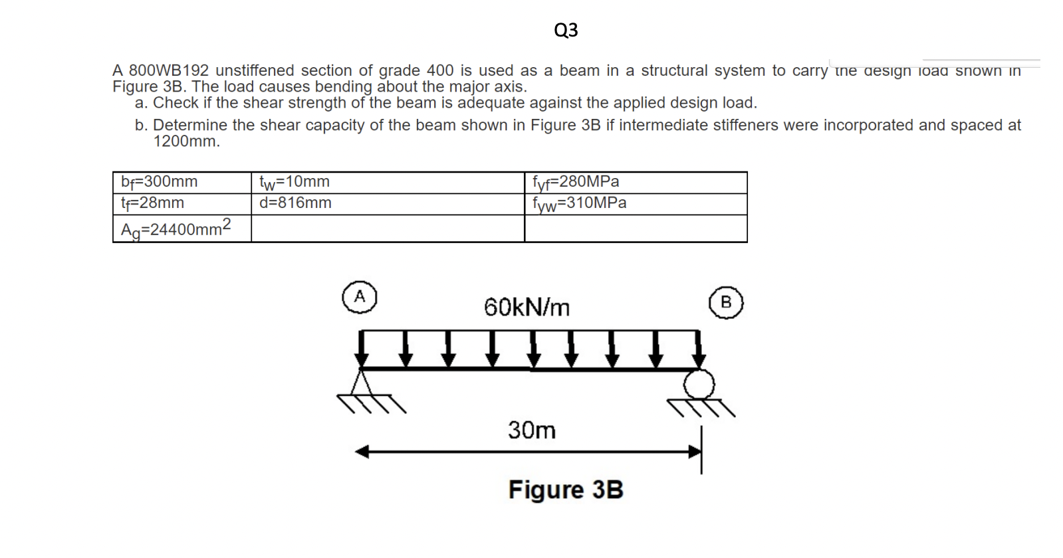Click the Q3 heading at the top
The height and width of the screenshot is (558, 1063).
566,30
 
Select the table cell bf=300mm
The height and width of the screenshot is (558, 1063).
160,181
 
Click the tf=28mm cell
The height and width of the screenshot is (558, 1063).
153,203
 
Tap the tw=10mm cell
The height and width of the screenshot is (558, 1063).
295,181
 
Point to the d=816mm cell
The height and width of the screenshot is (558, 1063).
295,203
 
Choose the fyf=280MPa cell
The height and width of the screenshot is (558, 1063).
576,181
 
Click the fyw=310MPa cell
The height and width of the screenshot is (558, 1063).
579,203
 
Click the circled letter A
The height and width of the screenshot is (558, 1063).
360,297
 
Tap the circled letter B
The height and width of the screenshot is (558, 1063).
726,303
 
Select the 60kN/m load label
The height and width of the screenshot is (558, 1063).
527,308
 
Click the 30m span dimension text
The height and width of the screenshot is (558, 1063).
532,430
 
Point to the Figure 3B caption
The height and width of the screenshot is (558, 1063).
566,490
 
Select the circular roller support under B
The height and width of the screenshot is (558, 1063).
699,385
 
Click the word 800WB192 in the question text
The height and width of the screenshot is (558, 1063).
169,70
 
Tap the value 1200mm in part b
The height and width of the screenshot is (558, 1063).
185,141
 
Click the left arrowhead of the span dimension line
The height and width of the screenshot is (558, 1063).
361,452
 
